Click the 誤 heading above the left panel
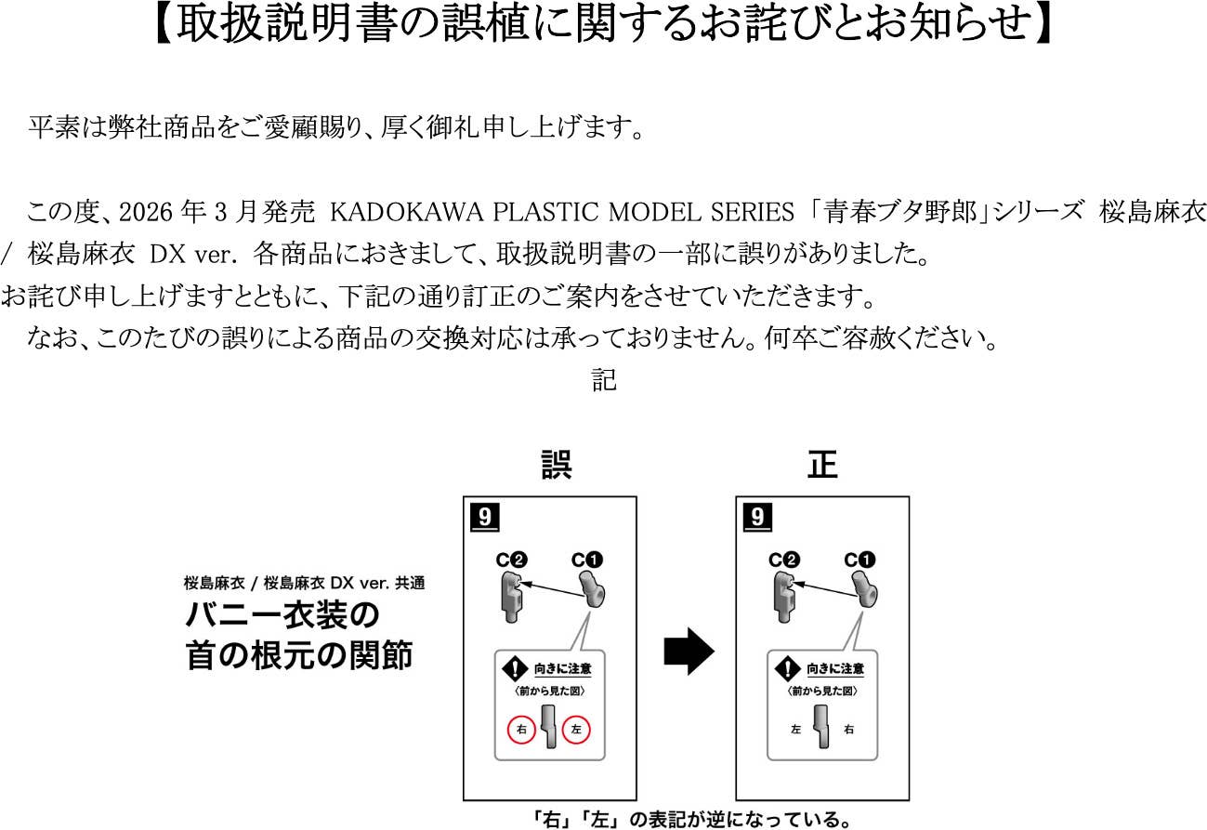[556, 465]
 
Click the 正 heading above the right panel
[821, 465]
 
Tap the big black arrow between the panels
[689, 653]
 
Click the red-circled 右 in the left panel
[521, 731]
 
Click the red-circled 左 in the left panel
[576, 731]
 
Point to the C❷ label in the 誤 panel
[510, 560]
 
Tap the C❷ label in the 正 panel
[783, 560]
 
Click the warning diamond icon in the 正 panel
[787, 668]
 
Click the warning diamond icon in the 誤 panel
[515, 668]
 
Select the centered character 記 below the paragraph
[604, 381]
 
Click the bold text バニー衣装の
[283, 615]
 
